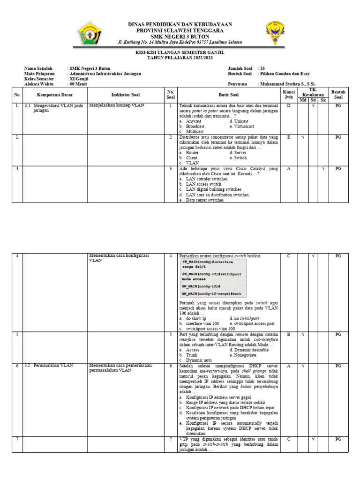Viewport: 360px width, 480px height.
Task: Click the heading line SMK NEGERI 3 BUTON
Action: coord(180,36)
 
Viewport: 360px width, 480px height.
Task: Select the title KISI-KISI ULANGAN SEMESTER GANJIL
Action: coord(180,54)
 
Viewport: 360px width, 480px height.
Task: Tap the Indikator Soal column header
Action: coord(126,94)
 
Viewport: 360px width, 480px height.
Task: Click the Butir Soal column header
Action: coord(229,94)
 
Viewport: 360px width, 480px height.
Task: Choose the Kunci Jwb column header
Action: coord(289,94)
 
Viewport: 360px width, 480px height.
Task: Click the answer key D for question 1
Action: coord(289,106)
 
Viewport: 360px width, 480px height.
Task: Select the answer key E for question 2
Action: coord(289,137)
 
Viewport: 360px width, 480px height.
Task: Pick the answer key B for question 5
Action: coord(289,335)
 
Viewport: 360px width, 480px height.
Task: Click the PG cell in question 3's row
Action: coord(338,169)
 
